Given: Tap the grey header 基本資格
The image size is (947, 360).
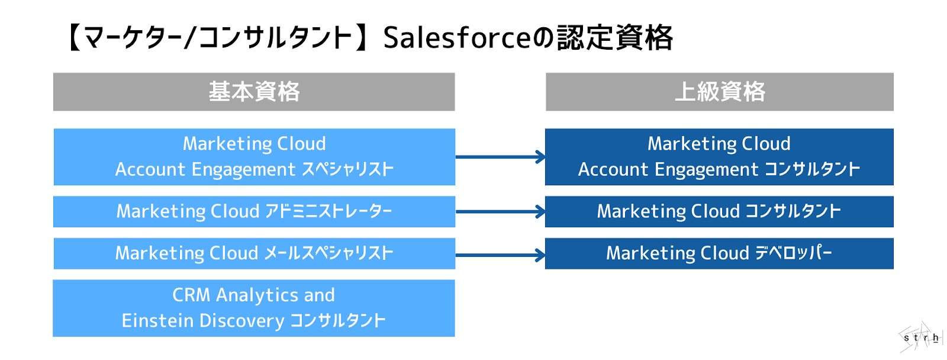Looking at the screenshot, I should click(x=254, y=92).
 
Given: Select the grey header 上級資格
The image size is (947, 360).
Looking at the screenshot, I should click(x=719, y=92).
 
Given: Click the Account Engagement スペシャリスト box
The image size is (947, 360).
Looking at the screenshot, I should click(x=254, y=157).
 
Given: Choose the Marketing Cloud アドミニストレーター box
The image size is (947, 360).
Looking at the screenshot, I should click(x=254, y=211).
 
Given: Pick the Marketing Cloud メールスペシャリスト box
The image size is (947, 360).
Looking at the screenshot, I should click(x=254, y=253).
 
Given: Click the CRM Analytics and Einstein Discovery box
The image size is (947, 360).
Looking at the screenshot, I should click(x=254, y=308).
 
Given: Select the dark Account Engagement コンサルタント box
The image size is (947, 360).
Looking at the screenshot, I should click(x=719, y=157).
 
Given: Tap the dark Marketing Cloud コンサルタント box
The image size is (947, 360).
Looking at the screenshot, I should click(x=719, y=211).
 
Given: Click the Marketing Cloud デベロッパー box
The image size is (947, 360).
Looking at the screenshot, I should click(x=719, y=253).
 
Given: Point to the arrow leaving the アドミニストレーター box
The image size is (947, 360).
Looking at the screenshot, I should click(x=500, y=211).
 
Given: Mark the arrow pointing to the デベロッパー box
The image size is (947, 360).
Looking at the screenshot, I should click(x=500, y=255).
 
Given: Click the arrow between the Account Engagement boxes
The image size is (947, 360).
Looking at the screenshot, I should click(x=500, y=157).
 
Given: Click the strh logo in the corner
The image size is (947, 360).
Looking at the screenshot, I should click(x=920, y=338).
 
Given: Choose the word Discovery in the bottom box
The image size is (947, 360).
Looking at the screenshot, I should click(x=241, y=321).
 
